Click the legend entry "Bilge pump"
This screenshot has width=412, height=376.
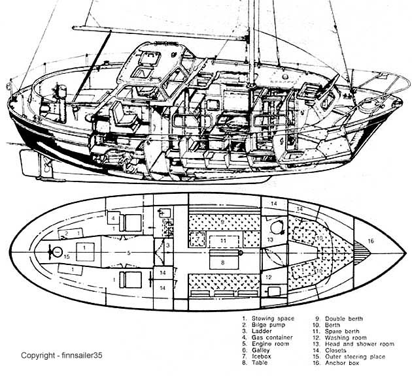268,325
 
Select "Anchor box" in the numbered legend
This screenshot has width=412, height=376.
342,363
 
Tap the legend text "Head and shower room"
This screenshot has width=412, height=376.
360,344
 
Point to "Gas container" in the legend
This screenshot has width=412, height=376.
272,337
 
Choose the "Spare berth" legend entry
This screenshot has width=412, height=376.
342,331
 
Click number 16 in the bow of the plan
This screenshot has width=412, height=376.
371,241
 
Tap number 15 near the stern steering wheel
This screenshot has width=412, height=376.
67,257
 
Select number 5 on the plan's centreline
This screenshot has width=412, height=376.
129,253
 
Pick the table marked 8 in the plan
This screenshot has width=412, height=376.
222,259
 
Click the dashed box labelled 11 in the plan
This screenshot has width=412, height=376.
224,242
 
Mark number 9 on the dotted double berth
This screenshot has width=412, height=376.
222,222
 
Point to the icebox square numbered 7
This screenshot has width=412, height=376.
197,239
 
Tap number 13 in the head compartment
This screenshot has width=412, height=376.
270,240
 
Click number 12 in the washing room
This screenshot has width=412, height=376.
268,277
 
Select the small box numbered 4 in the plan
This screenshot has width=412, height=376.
114,218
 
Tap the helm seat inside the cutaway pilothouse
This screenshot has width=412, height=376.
122,116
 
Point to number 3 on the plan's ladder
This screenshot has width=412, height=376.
168,245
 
